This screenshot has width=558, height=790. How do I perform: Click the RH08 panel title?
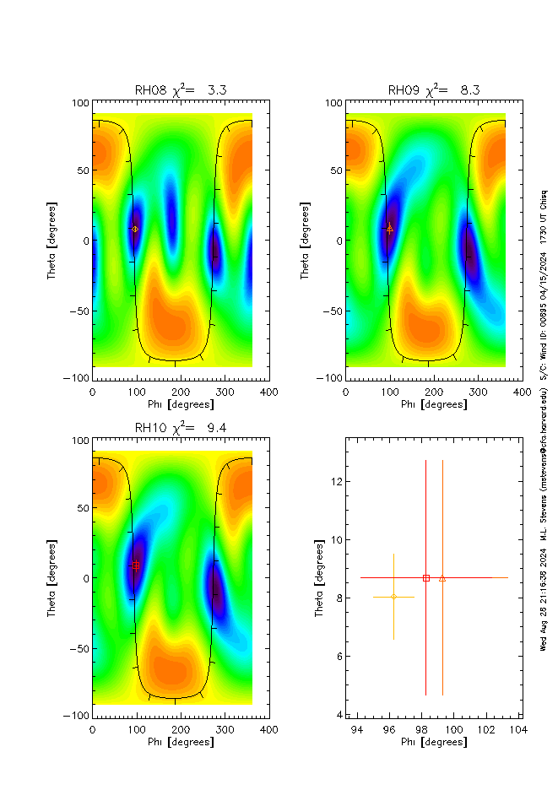(x=180, y=89)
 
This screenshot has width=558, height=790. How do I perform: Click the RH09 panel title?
(x=433, y=89)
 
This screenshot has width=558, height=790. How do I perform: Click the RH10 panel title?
(x=180, y=427)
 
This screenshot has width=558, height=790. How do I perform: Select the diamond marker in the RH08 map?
(x=135, y=229)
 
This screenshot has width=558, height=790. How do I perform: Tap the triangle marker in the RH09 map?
(x=389, y=228)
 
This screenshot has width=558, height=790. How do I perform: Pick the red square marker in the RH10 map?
(x=135, y=565)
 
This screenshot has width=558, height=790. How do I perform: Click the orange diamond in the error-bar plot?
(x=393, y=597)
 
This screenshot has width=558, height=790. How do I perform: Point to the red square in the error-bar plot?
(x=426, y=578)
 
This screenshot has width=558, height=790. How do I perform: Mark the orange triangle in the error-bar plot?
(x=442, y=578)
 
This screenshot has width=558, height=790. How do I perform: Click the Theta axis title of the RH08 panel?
(x=52, y=241)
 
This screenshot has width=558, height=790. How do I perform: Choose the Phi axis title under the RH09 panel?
(x=433, y=404)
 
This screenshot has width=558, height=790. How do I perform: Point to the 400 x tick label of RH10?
(x=268, y=728)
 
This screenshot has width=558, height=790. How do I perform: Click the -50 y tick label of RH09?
(x=330, y=311)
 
